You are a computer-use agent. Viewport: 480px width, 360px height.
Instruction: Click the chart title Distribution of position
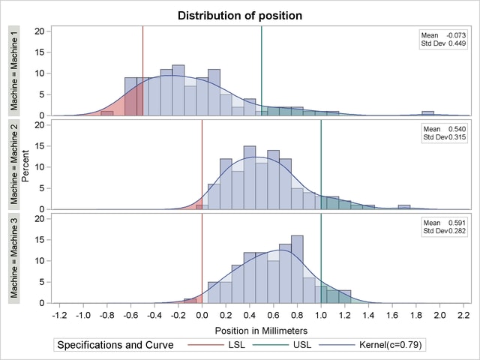click(x=240, y=15)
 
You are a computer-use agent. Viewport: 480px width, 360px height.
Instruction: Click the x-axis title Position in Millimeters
click(x=261, y=330)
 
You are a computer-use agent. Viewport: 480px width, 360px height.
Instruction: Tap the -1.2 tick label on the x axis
click(x=59, y=315)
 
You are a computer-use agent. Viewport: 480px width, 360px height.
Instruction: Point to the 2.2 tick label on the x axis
click(x=463, y=315)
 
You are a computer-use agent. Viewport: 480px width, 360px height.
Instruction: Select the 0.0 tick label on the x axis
click(x=202, y=315)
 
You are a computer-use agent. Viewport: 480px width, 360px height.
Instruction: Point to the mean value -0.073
click(x=455, y=35)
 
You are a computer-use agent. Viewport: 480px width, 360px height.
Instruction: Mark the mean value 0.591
click(x=455, y=223)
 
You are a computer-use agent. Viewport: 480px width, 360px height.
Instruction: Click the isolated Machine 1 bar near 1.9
click(x=427, y=113)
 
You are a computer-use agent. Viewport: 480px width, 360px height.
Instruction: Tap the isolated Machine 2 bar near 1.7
click(x=404, y=207)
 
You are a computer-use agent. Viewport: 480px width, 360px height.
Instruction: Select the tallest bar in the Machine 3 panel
click(x=297, y=269)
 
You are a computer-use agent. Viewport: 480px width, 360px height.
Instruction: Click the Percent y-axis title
click(x=25, y=163)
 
